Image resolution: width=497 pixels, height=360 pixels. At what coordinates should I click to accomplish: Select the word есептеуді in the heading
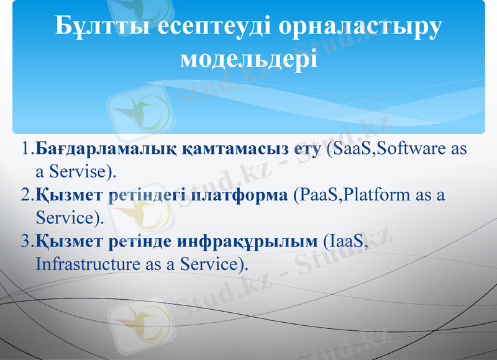[x=205, y=25]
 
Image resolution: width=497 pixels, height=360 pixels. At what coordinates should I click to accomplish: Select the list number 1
[x=25, y=150]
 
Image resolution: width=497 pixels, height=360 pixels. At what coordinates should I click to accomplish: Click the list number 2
[x=25, y=195]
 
